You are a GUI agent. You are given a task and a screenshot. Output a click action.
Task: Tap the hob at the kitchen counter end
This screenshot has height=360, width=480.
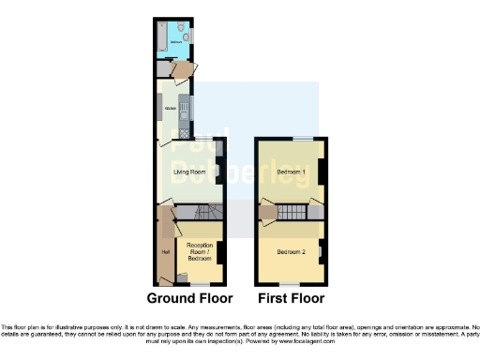click(184, 132)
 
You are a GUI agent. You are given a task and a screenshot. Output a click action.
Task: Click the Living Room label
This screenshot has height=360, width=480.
click(189, 172)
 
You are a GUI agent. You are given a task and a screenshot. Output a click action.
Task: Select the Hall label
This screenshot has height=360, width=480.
click(165, 251)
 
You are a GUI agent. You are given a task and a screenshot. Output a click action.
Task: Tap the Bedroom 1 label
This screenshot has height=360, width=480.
click(292, 172)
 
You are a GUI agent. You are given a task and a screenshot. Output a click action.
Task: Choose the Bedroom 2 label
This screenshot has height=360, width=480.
click(292, 252)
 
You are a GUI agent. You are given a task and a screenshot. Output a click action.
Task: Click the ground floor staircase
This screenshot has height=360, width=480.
click(199, 214)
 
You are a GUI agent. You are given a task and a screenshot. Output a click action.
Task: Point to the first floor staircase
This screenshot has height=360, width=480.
click(292, 213)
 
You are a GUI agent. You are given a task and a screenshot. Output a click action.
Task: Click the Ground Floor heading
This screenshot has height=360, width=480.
click(189, 299)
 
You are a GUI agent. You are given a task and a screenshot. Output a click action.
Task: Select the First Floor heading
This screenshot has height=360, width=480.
click(292, 299)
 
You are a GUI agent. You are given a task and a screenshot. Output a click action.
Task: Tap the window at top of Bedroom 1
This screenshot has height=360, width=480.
click(302, 139)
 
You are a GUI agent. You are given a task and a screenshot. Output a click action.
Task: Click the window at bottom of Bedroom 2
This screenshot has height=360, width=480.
click(291, 285)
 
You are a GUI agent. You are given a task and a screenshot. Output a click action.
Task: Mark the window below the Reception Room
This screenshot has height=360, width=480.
click(200, 285)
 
